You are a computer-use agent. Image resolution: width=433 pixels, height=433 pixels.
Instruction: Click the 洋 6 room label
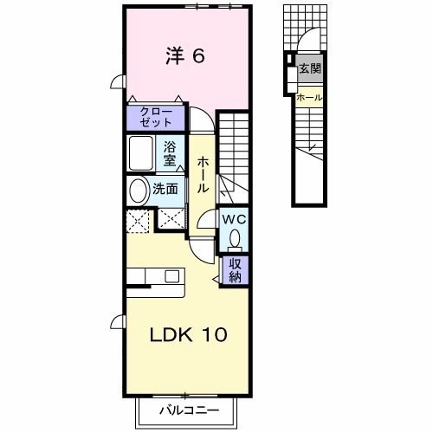coord(184,56)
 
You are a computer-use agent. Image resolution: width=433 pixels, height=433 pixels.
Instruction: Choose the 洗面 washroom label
coord(165,188)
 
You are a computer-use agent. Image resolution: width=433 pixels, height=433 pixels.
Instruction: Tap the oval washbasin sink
coord(137,191)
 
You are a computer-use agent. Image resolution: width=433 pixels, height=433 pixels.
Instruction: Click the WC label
coord(234,219)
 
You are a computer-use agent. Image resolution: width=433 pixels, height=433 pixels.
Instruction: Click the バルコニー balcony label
coord(188,409)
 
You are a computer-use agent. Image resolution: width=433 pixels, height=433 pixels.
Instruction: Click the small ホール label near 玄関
coord(309,97)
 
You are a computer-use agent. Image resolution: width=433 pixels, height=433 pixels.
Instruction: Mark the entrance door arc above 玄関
coord(305,46)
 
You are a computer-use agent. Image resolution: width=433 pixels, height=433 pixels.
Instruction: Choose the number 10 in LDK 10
coord(216,334)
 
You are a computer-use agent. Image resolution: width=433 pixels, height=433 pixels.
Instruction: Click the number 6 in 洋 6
coord(197,56)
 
